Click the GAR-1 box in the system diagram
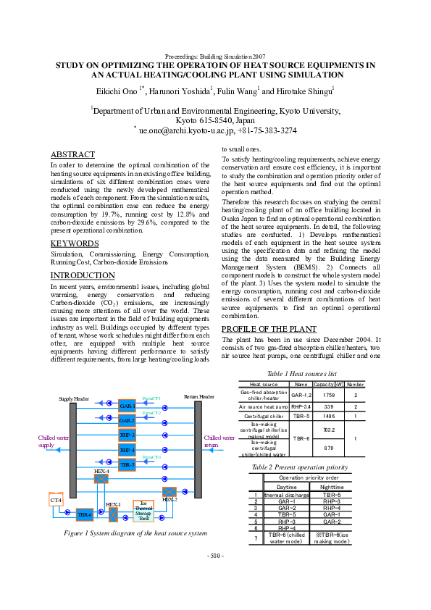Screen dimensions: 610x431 (127, 406)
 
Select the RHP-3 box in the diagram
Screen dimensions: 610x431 (127, 435)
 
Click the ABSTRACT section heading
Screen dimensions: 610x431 (72, 154)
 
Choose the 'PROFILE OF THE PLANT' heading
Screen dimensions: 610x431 (268, 329)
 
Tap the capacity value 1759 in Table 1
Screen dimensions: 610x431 (327, 396)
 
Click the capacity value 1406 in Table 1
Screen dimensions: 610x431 (327, 417)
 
